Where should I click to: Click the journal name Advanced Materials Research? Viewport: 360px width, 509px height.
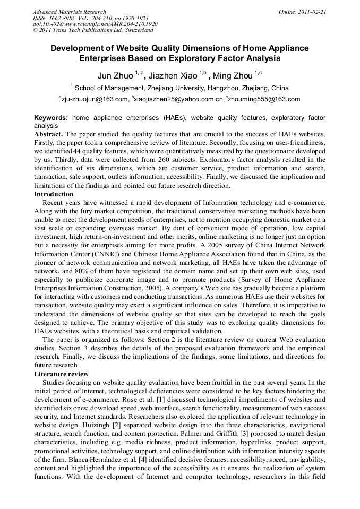pos(69,12)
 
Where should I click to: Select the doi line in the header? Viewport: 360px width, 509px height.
pos(95,24)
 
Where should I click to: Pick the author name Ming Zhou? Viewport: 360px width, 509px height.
pos(233,76)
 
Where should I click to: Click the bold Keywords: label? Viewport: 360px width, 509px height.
pos(51,118)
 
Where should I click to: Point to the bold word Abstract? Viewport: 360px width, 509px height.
pos(48,135)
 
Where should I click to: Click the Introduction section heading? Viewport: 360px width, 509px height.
pos(54,194)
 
